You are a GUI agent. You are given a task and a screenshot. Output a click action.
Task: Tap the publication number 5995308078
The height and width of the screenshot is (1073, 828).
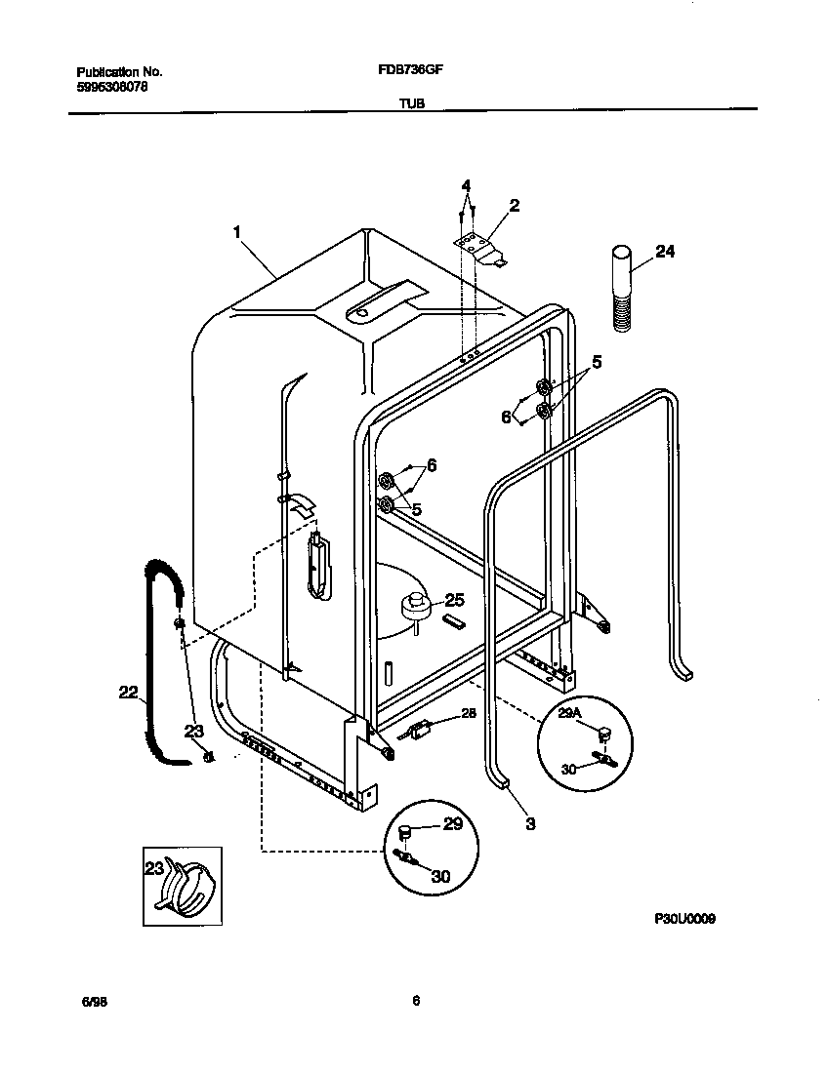[x=113, y=87]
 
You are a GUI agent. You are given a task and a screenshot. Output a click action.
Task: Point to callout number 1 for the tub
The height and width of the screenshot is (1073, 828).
[x=236, y=232]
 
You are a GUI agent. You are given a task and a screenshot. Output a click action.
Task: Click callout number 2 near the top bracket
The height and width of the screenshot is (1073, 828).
[x=514, y=205]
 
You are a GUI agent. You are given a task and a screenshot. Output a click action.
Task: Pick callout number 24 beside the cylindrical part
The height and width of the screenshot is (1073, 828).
[x=664, y=251]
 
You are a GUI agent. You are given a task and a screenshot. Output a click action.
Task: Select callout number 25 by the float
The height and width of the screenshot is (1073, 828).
[x=454, y=600]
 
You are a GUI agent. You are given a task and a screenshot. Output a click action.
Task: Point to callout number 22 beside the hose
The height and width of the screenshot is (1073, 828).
[x=128, y=693]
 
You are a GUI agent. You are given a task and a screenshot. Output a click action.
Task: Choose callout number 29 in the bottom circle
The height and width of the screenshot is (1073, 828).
[x=452, y=824]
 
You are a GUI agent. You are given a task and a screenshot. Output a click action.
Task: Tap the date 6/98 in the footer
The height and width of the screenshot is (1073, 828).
[x=91, y=1001]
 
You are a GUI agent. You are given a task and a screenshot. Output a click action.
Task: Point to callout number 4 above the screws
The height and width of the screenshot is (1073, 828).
[x=466, y=185]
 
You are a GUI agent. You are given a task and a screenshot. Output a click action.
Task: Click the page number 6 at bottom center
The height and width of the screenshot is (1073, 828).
[x=415, y=1000]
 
